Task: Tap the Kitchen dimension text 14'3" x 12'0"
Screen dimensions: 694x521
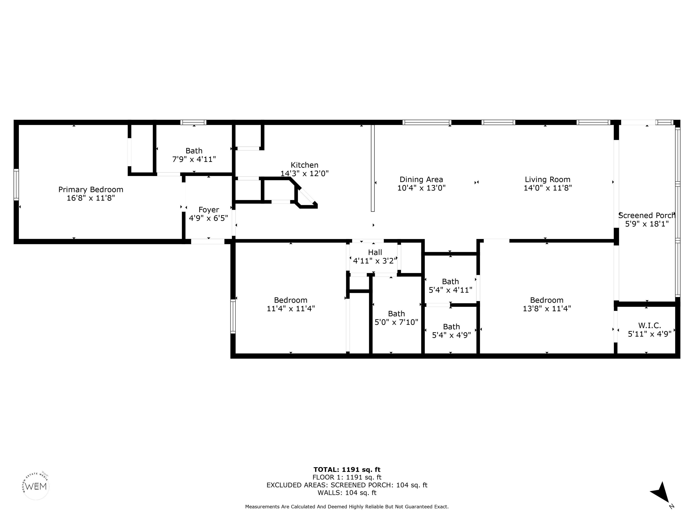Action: (304, 173)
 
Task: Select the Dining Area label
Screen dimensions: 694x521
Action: (421, 179)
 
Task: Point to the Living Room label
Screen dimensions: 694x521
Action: (547, 179)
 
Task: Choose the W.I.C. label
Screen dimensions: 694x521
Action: (649, 325)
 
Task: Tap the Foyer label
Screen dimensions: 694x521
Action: (209, 210)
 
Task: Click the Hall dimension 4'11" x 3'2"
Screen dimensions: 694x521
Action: (375, 261)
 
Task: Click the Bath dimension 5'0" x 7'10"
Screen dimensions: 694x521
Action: (396, 322)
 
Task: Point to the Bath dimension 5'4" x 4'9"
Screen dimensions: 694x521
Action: (451, 335)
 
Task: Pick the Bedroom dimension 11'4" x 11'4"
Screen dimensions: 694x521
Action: (291, 308)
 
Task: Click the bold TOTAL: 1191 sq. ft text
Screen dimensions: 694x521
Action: (347, 469)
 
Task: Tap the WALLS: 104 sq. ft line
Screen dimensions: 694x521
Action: (347, 493)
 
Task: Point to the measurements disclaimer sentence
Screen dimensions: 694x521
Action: (347, 507)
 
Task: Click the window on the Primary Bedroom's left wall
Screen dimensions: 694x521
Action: (16, 185)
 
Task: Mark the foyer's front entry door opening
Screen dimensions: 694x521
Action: (208, 242)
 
